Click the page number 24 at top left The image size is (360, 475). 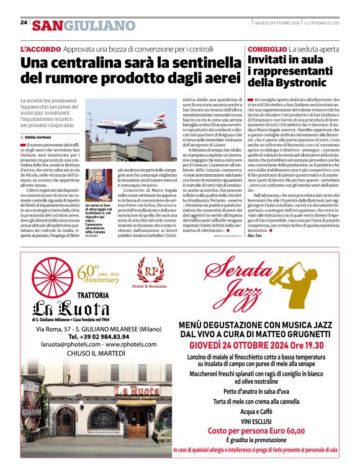pyautogui.click(x=24, y=23)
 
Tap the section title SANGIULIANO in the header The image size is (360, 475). pyautogui.click(x=83, y=25)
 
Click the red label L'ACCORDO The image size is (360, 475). pyautogui.click(x=40, y=48)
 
